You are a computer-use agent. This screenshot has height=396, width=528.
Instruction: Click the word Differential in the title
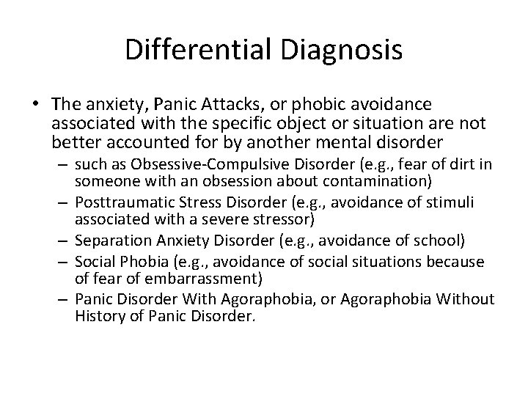tap(187, 50)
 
